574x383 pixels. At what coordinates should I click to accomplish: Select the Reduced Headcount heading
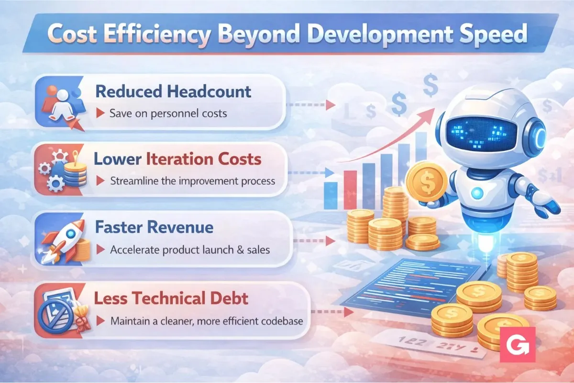click(x=173, y=91)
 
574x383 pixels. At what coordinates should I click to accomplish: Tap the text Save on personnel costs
click(x=168, y=113)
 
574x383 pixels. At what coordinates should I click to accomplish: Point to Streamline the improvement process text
click(x=193, y=181)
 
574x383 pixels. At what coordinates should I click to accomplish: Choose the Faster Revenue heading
click(x=154, y=227)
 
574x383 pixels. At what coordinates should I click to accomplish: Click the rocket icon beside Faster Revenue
click(x=64, y=241)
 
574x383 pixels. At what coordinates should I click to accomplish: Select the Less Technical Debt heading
click(x=171, y=298)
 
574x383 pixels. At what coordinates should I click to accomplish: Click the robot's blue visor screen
click(x=481, y=134)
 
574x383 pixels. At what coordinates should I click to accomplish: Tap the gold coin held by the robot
click(x=427, y=181)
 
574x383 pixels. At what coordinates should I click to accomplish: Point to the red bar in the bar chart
click(x=350, y=190)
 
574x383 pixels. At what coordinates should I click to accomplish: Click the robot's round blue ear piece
click(x=536, y=135)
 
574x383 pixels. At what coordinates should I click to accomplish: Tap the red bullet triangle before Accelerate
click(x=100, y=249)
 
